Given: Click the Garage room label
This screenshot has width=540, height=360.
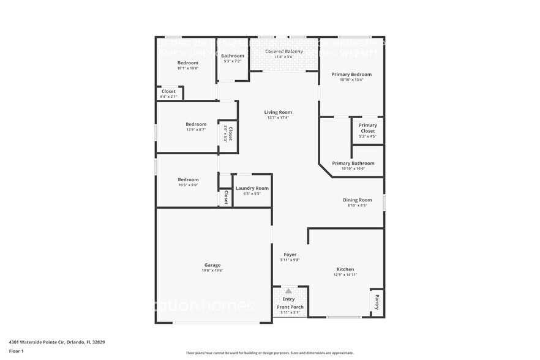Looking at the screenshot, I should [x=212, y=265].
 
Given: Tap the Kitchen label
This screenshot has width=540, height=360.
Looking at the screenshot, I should [x=345, y=269].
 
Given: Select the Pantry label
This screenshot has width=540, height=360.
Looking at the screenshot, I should [x=377, y=302].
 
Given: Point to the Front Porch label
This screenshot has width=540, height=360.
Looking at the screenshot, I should [x=290, y=307].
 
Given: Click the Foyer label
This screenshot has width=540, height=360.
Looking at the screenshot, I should [x=290, y=255].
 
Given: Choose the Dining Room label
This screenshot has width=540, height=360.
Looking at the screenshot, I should [x=357, y=200].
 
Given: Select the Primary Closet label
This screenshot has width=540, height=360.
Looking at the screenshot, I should [x=368, y=128].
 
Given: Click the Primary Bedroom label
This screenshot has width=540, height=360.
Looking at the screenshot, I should [x=351, y=74].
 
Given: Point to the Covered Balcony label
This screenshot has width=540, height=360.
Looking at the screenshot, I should [x=283, y=51].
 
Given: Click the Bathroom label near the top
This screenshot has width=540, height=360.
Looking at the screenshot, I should [x=233, y=56].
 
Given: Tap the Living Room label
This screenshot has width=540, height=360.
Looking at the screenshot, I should [x=278, y=112].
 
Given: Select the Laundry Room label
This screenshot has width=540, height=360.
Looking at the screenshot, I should [x=252, y=188].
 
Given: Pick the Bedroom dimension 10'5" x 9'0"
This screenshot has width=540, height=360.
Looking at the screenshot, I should [x=188, y=185].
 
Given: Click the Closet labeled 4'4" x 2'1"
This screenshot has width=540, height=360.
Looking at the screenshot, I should [x=168, y=97].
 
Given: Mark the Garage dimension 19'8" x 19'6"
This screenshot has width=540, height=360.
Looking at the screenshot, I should [x=212, y=271].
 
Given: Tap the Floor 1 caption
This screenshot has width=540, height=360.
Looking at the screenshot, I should [x=17, y=351].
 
